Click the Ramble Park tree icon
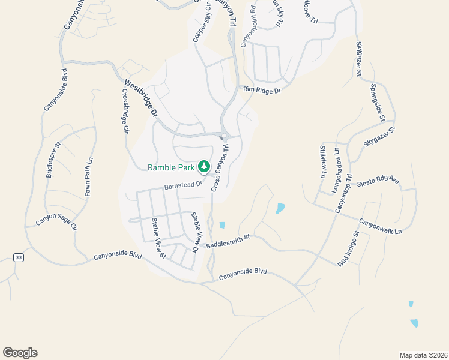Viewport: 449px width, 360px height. point(204,166)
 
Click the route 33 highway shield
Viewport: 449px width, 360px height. point(19,257)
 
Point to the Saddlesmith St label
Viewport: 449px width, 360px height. point(228,242)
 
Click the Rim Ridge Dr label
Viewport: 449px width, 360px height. point(262,91)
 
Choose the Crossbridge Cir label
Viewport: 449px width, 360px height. point(125,111)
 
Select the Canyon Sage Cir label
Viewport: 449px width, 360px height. point(56,220)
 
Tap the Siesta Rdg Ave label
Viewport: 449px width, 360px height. point(378,181)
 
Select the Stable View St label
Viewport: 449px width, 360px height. point(158,238)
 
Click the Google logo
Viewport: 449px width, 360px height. point(20,352)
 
